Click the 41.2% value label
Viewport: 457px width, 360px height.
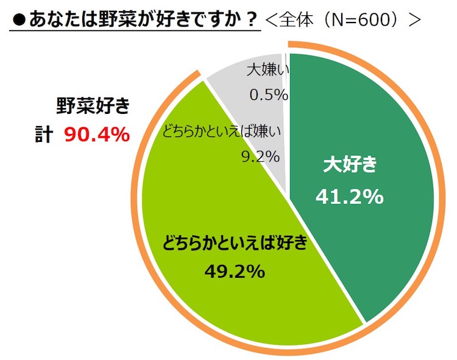coord(349,196)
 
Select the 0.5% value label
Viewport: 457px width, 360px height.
coord(268,94)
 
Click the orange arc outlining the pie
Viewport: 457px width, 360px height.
coord(441,201)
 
